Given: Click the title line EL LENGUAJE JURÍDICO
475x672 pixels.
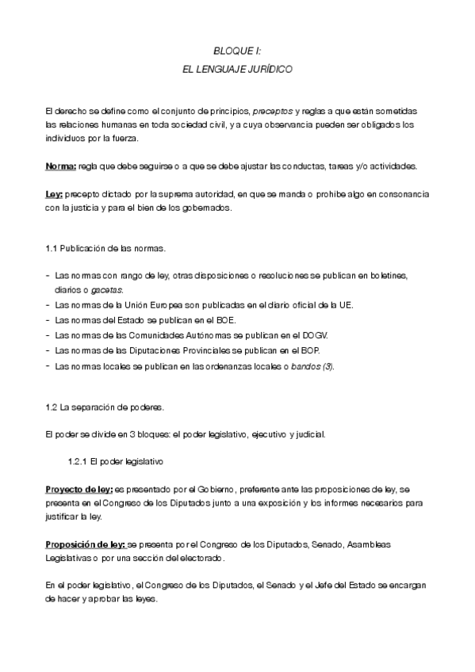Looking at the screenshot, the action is [x=237, y=70].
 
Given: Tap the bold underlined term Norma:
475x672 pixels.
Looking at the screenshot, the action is [x=61, y=166].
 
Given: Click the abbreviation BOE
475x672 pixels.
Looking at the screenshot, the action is [x=226, y=320].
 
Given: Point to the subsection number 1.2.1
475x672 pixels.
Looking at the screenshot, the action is [x=78, y=461].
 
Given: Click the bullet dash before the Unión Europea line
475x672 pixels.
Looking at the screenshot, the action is [x=48, y=305].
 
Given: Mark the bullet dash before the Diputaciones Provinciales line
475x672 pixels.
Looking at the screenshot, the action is [x=48, y=350].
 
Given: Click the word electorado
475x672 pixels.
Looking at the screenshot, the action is [x=201, y=559].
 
